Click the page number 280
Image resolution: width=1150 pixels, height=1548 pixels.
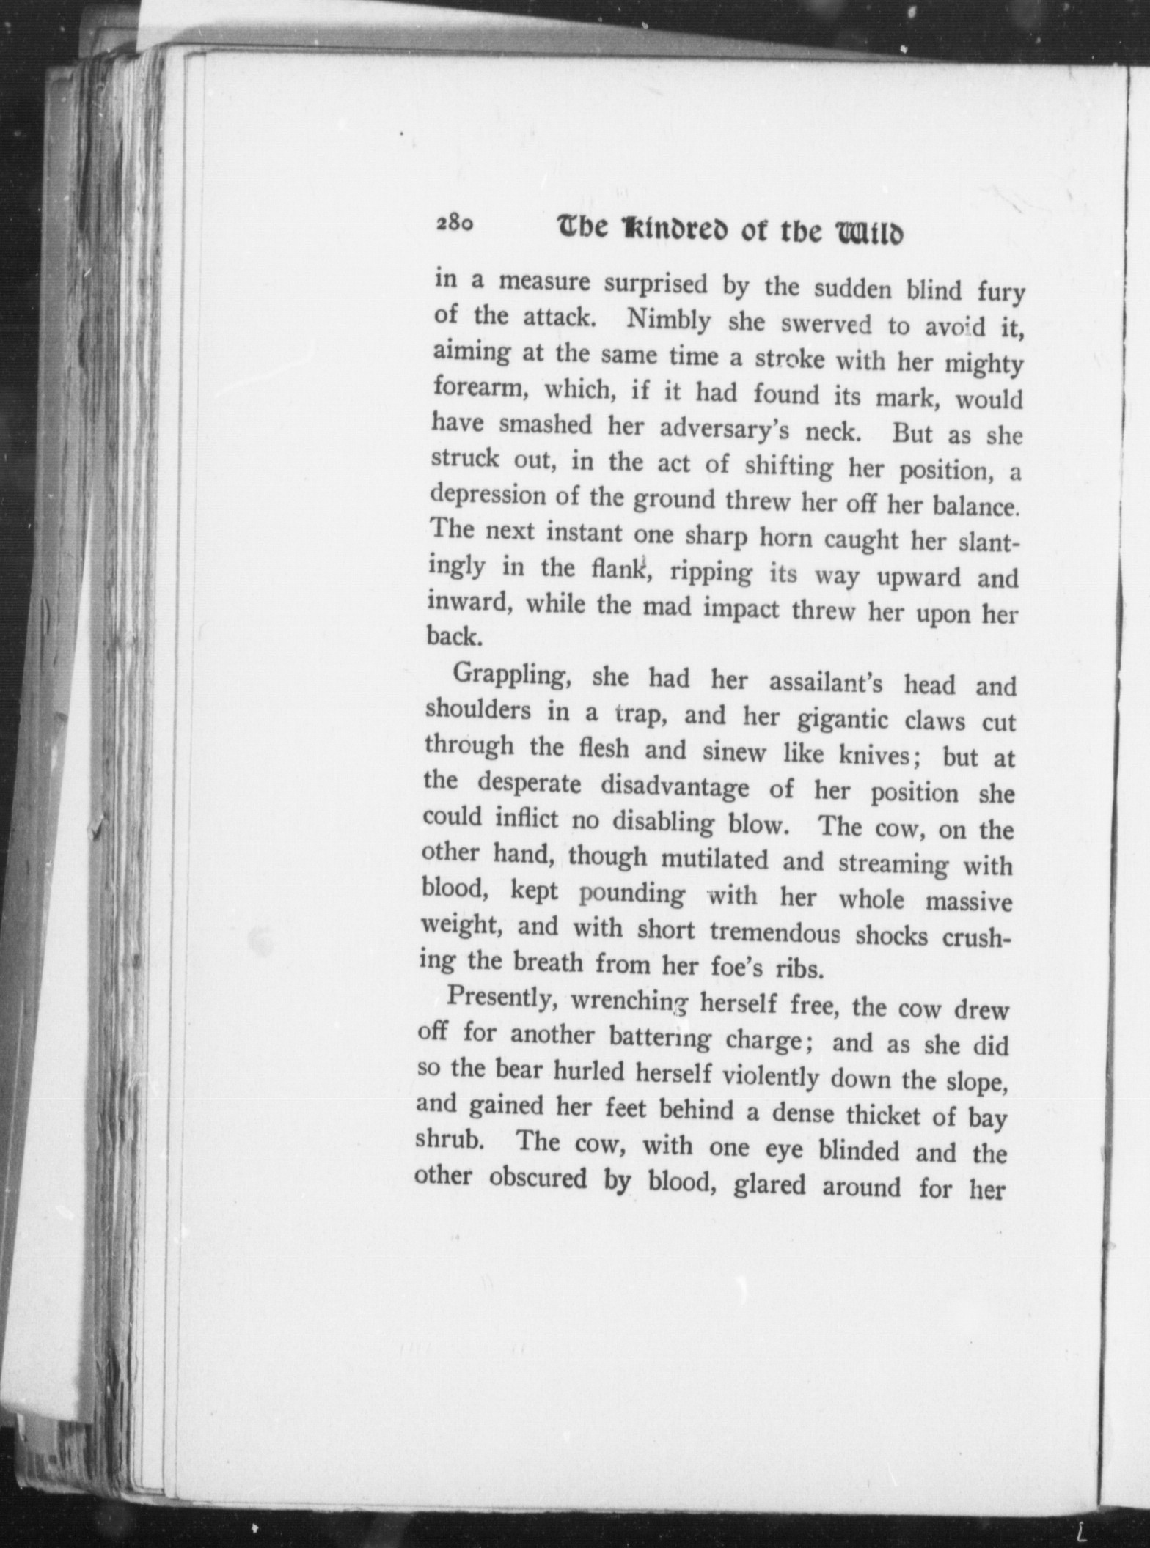[x=455, y=223]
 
